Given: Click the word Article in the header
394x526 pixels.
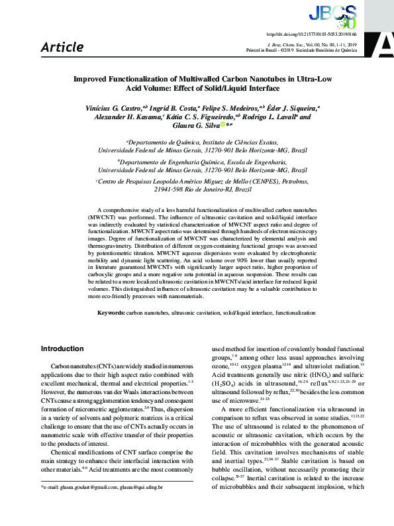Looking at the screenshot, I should (62, 47).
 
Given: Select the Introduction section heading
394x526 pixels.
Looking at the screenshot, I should (62, 348).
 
